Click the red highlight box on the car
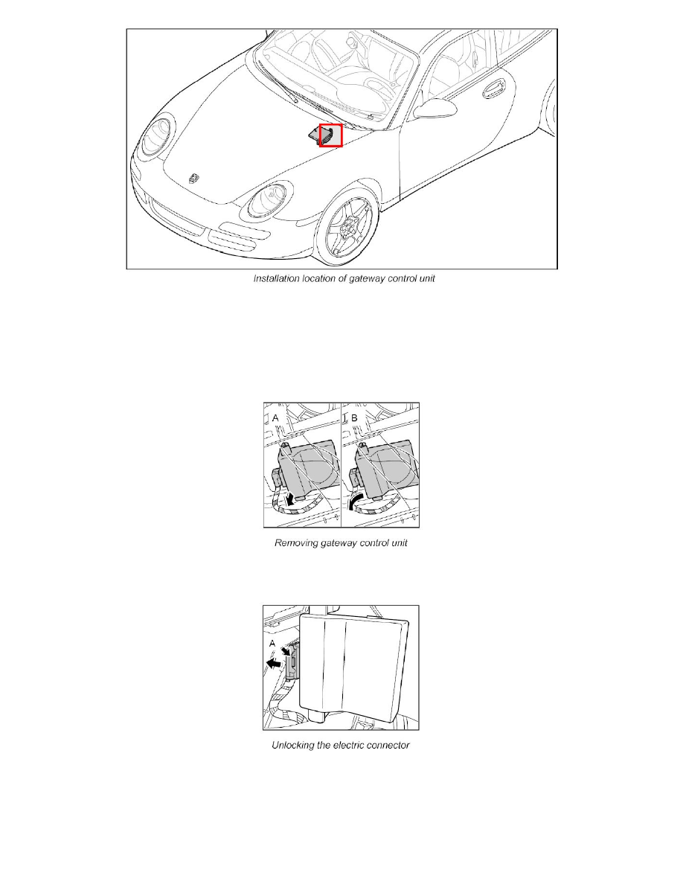click(x=330, y=135)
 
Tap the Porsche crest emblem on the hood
click(x=193, y=177)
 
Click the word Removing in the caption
click(x=297, y=543)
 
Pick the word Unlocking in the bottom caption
click(x=297, y=746)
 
